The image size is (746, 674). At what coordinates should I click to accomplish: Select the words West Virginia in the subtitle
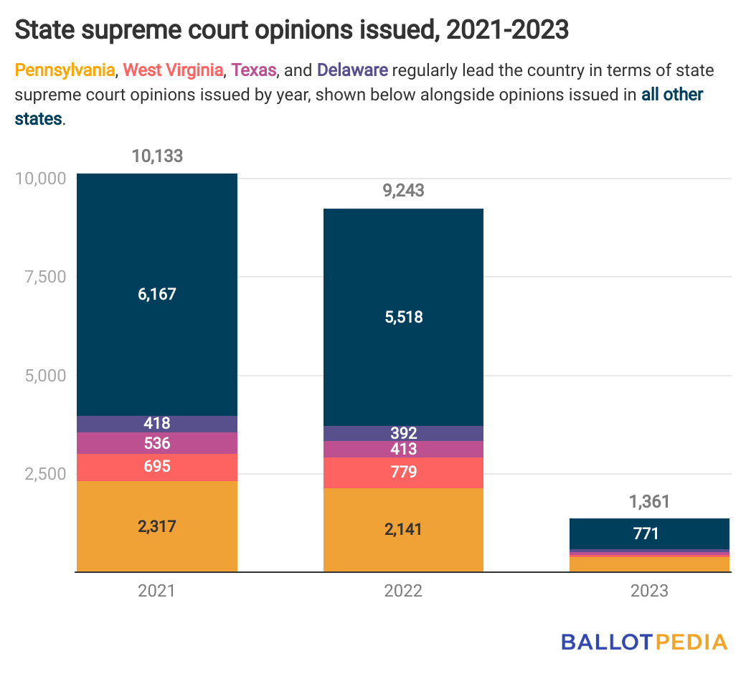click(x=173, y=70)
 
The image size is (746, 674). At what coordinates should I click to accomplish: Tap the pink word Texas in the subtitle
click(x=254, y=70)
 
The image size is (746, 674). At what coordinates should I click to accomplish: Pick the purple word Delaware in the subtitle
click(x=352, y=70)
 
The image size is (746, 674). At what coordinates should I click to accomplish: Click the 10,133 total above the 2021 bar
click(x=157, y=156)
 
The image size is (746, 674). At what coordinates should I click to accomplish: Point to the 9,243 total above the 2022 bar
click(x=402, y=191)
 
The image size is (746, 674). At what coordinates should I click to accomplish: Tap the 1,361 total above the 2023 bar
click(x=648, y=501)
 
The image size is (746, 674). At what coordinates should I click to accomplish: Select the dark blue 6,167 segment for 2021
click(x=157, y=294)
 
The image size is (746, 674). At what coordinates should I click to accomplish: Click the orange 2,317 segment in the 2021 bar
click(x=157, y=526)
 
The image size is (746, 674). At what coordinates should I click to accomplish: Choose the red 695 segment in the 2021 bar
click(x=157, y=467)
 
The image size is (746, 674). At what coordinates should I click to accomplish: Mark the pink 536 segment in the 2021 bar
click(x=157, y=443)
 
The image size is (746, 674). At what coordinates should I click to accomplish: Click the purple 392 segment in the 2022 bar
click(x=402, y=433)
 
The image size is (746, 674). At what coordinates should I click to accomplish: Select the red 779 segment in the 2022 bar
click(x=402, y=473)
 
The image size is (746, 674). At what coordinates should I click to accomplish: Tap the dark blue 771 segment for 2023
click(x=648, y=533)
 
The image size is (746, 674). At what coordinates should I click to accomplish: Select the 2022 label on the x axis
click(x=402, y=591)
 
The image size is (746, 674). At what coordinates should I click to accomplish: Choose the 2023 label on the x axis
click(x=648, y=591)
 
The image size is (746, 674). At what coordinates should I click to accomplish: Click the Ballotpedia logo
click(x=643, y=641)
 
